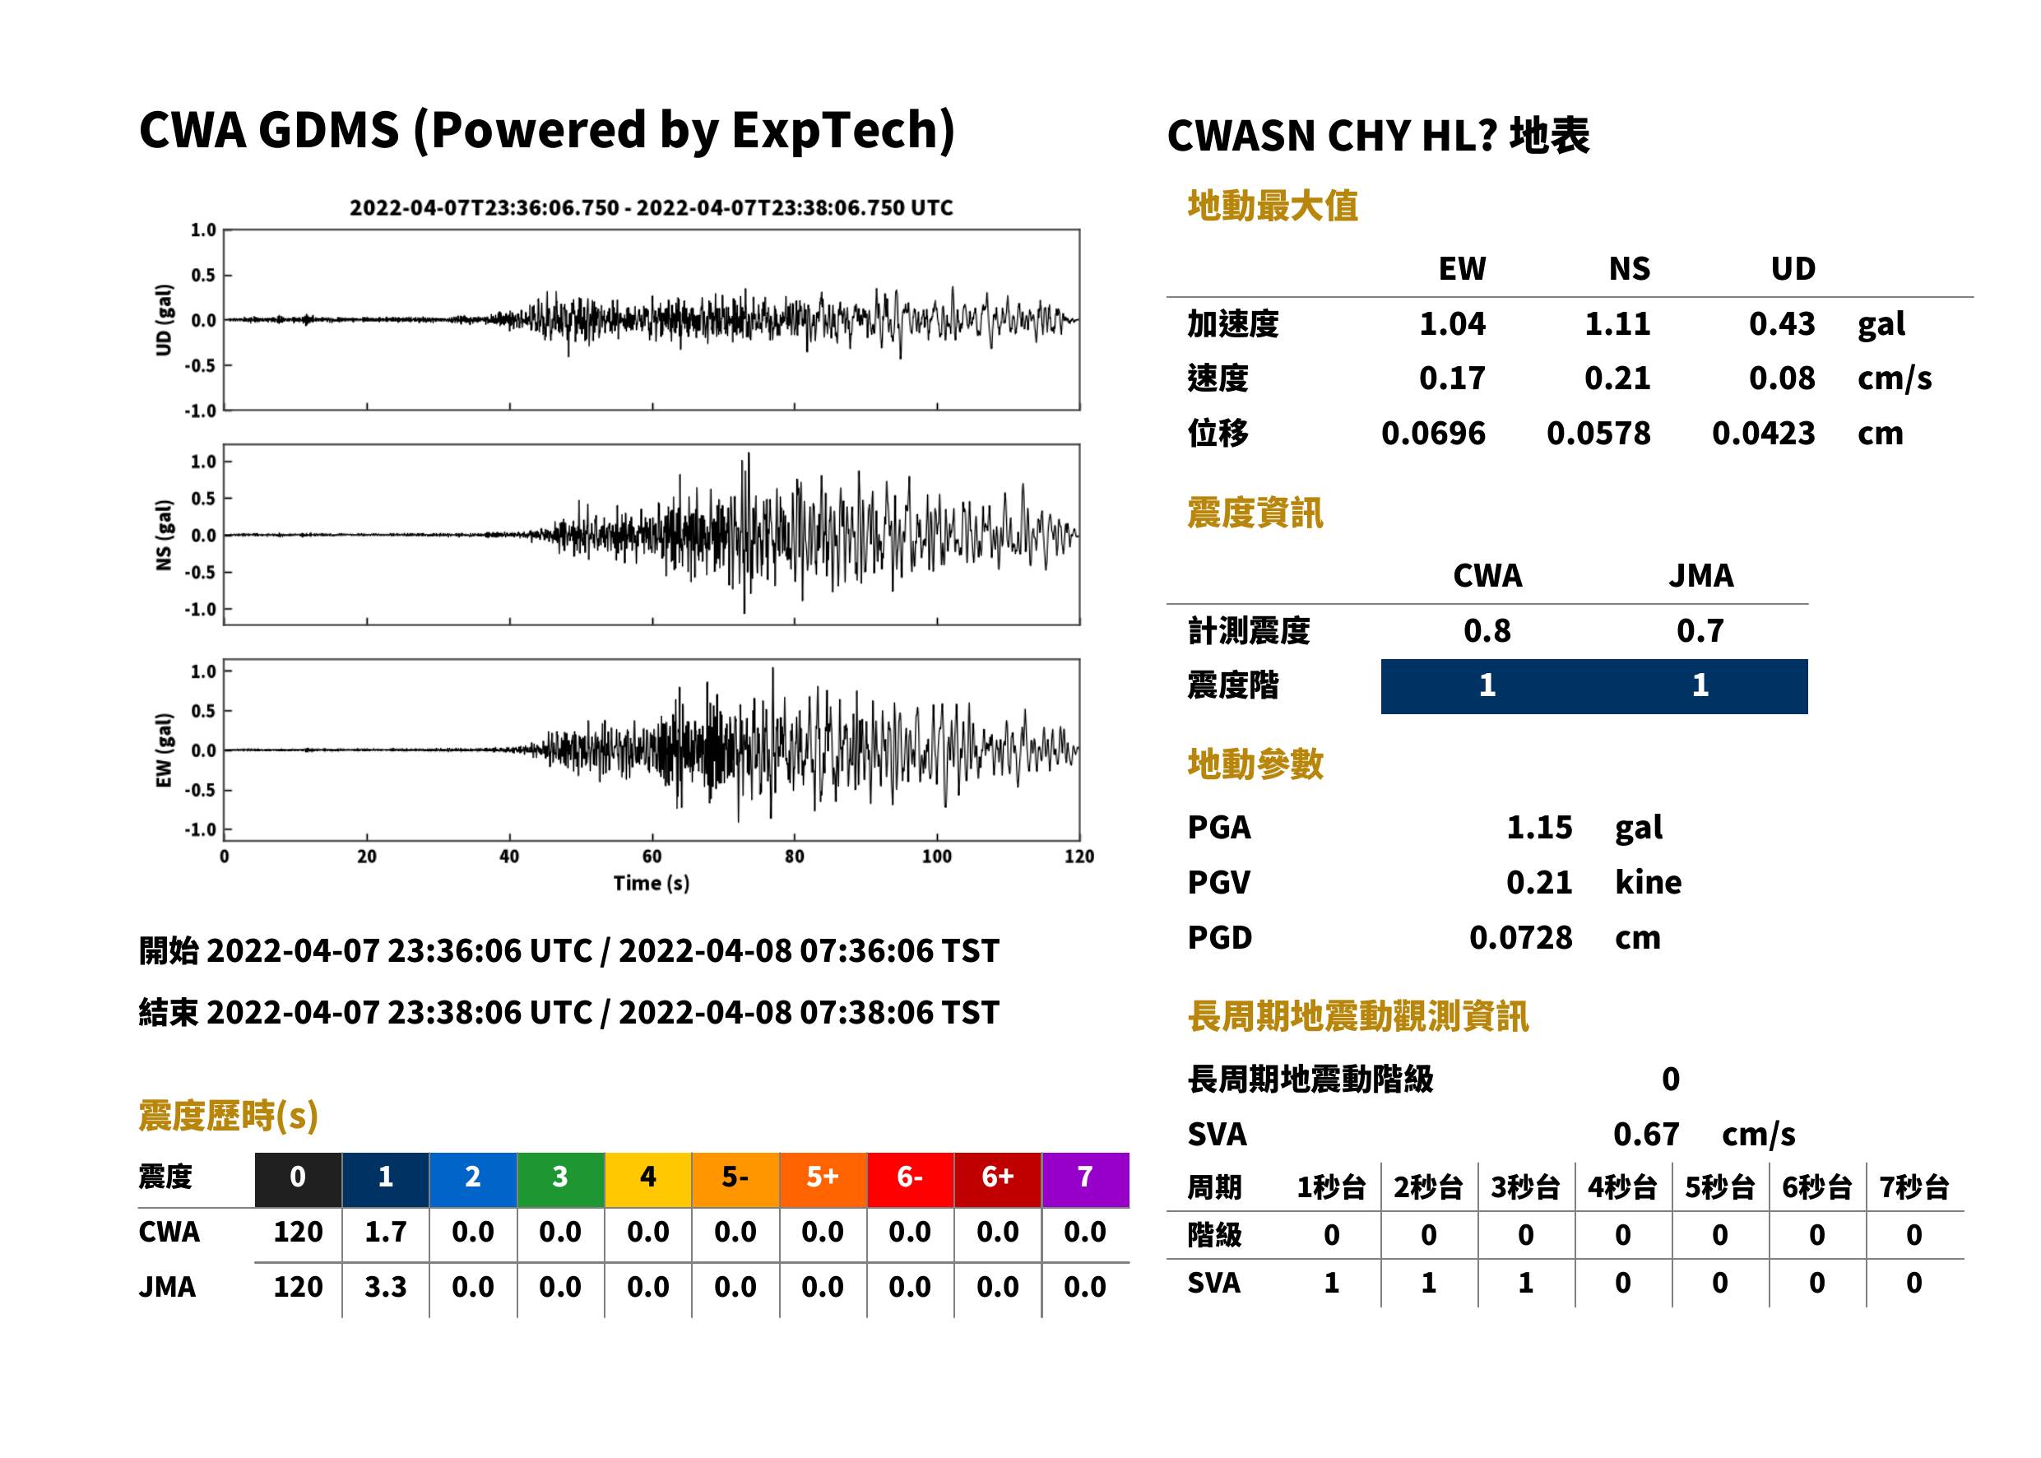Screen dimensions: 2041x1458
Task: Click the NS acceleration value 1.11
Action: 1617,323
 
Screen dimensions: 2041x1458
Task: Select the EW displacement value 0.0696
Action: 1432,433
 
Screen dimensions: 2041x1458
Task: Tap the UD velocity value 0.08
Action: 1782,378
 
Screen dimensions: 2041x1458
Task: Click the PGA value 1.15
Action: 1539,827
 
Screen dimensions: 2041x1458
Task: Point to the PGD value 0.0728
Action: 1520,937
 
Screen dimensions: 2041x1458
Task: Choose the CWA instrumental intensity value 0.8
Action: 1487,630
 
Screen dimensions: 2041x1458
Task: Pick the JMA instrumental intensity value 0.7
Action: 1700,630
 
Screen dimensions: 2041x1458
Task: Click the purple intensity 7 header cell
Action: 1085,1179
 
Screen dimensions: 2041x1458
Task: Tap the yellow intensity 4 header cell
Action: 648,1179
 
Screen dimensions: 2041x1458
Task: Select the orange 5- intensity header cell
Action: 735,1179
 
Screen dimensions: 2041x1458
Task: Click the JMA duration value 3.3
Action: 385,1287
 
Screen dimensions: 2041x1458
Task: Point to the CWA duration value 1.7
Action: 385,1232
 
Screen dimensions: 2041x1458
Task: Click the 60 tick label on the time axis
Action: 652,857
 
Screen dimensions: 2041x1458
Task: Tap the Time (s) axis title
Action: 652,884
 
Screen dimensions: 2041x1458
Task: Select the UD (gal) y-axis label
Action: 164,319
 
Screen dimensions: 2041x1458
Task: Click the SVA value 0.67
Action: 1646,1134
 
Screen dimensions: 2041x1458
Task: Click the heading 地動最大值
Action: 1273,206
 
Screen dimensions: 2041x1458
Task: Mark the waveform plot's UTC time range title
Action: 652,207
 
